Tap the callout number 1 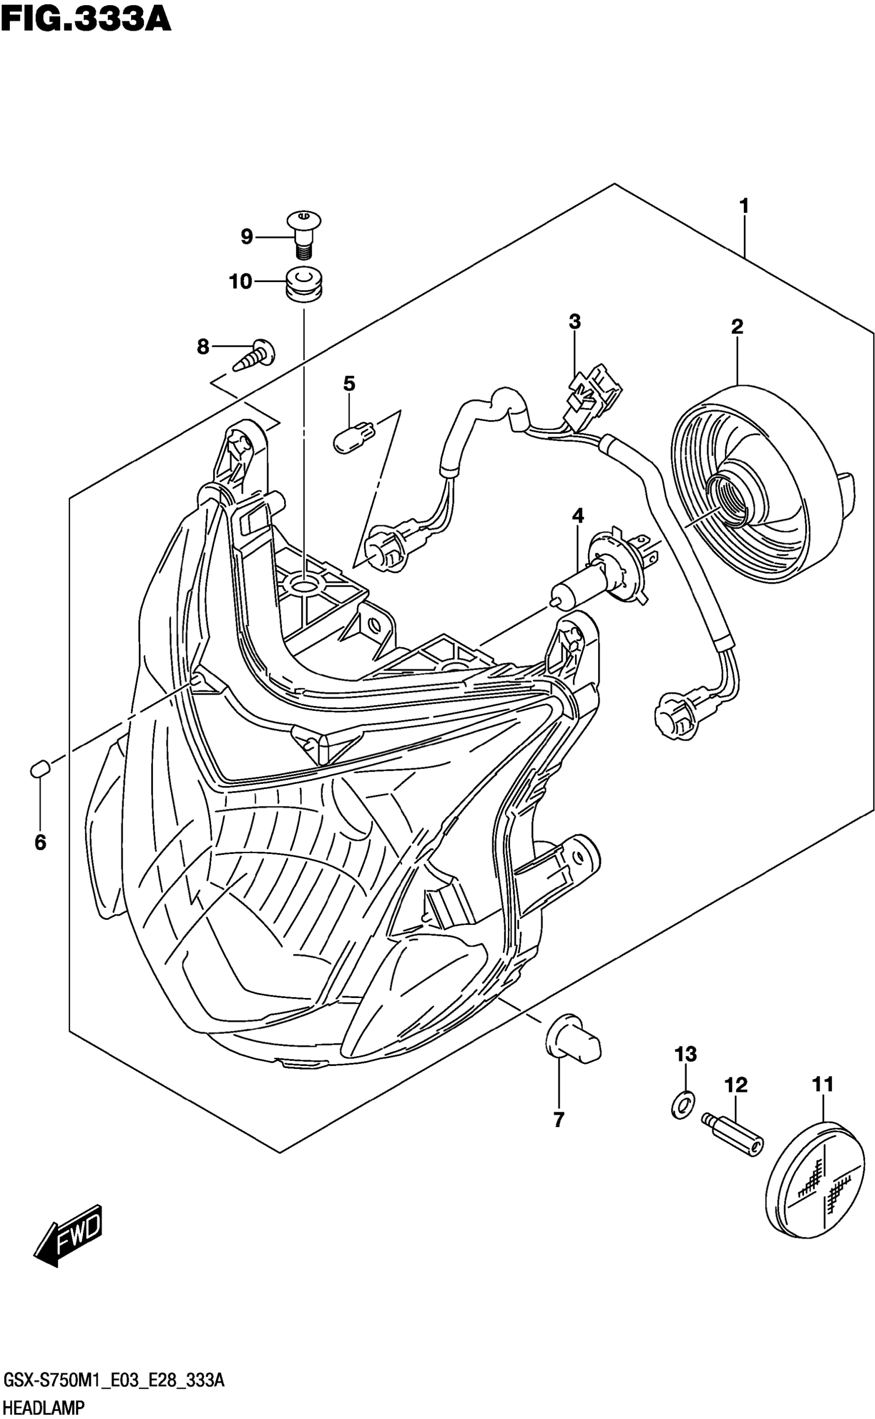pyautogui.click(x=744, y=206)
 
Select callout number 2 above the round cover pyautogui.click(x=737, y=327)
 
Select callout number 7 pyautogui.click(x=558, y=1120)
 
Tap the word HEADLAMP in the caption pyautogui.click(x=44, y=1404)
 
